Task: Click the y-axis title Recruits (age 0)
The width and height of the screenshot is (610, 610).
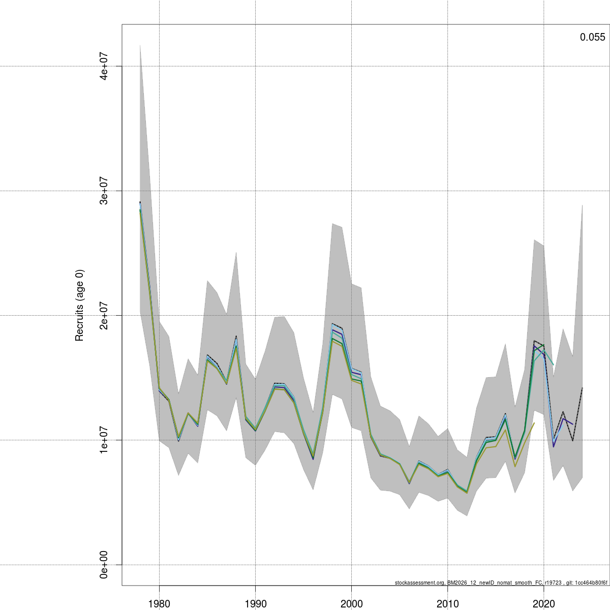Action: (x=79, y=305)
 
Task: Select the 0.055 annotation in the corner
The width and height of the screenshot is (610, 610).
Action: (x=592, y=37)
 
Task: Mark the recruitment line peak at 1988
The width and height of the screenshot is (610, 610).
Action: (x=236, y=337)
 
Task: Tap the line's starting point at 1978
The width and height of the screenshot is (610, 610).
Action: (x=140, y=203)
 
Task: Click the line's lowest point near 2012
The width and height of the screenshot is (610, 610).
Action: (x=467, y=492)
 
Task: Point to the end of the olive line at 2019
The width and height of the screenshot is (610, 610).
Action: (x=534, y=423)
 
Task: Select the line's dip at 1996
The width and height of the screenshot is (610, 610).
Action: (x=313, y=458)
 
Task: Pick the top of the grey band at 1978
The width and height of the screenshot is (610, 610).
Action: (x=140, y=45)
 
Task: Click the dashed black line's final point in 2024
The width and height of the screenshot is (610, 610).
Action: (x=582, y=388)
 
